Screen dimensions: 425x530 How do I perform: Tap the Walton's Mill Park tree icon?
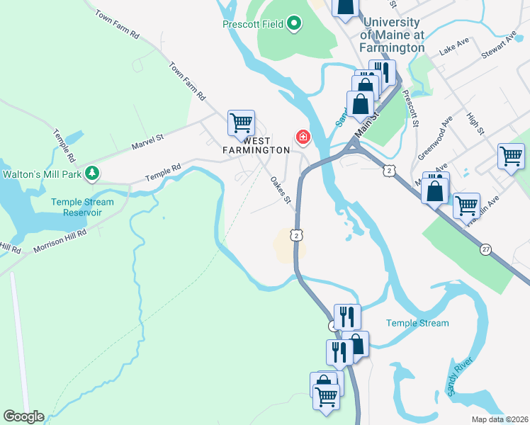coord(91,173)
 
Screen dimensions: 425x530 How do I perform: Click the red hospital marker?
coord(303,136)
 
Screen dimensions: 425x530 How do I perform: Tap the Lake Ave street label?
coord(454,47)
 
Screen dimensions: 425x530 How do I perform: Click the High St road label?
coord(475,123)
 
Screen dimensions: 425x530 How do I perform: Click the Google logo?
coord(23,416)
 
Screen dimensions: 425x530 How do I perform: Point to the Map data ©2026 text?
coord(500,419)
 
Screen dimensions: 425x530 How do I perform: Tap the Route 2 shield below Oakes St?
coord(297,234)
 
